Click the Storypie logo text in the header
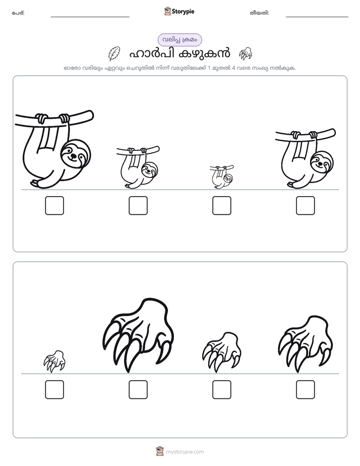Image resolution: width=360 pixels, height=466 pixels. pos(183,12)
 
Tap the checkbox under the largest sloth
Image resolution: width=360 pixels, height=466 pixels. pos(54,205)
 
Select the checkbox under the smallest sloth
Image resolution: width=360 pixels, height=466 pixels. pos(221,205)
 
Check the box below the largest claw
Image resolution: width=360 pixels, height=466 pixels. pos(138,389)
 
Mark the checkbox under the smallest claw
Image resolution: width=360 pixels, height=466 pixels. pos(54,389)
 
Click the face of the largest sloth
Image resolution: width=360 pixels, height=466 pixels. pos(76,154)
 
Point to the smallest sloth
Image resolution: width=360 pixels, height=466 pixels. pos(222,177)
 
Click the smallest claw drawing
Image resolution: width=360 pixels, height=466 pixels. pos(54,361)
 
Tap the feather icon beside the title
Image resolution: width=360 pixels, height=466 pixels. pos(114,53)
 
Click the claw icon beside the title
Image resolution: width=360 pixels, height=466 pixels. pos(246,53)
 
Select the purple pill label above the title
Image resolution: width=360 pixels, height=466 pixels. pos(179,40)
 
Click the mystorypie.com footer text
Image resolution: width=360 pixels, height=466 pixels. pos(185,452)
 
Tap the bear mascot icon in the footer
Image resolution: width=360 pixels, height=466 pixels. pos(160,451)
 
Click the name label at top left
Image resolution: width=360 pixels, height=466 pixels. pos(18,13)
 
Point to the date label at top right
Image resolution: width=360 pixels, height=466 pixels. pos(259,13)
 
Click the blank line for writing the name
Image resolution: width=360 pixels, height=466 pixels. pos(90,17)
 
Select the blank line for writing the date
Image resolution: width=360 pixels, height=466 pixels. pos(317,17)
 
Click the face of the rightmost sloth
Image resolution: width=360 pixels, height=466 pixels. pos(322,162)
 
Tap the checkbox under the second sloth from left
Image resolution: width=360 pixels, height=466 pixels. pos(138,205)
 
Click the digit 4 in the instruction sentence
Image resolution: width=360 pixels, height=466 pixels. pos(234,68)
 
